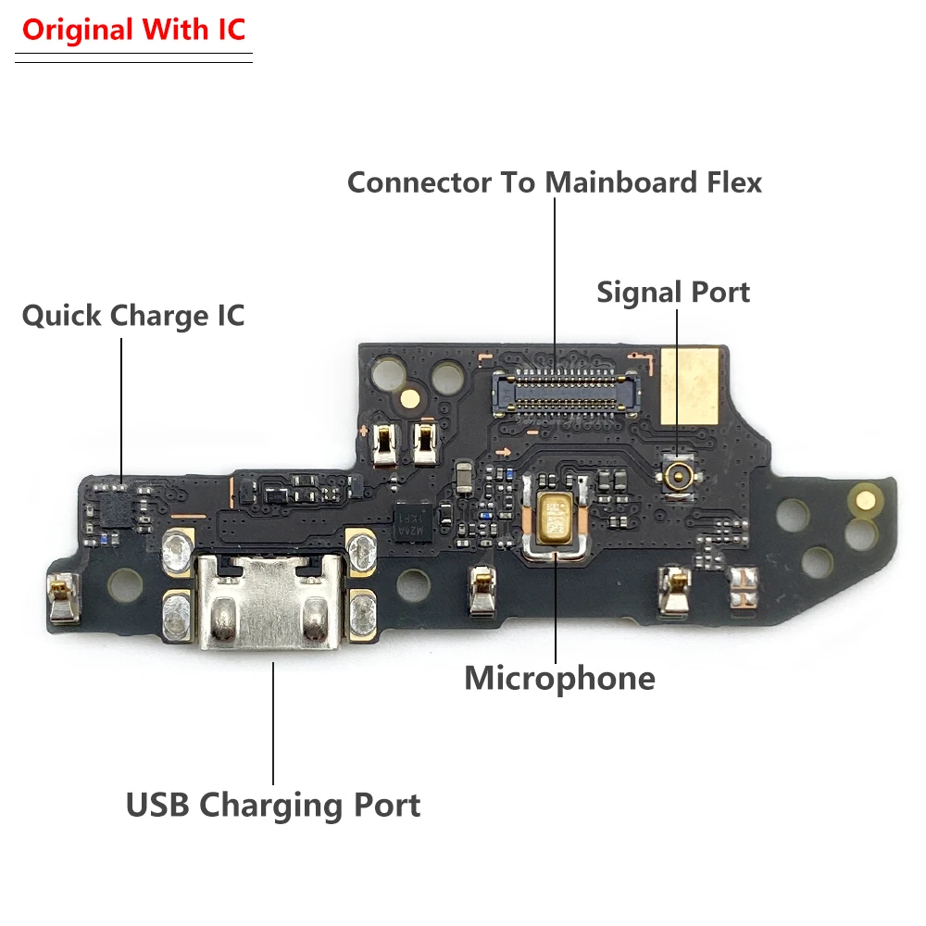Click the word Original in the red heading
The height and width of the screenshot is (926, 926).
pyautogui.click(x=76, y=30)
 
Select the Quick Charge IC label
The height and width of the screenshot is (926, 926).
pyautogui.click(x=133, y=316)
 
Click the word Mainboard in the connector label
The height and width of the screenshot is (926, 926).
pyautogui.click(x=620, y=181)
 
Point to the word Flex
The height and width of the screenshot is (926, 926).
pyautogui.click(x=732, y=181)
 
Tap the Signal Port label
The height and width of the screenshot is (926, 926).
pyautogui.click(x=673, y=292)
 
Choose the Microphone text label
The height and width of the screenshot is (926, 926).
pyautogui.click(x=559, y=679)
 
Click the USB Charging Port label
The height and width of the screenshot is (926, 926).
pyautogui.click(x=273, y=805)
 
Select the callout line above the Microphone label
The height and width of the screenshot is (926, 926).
pyautogui.click(x=555, y=607)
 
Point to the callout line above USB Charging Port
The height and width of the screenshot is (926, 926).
pyautogui.click(x=273, y=722)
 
